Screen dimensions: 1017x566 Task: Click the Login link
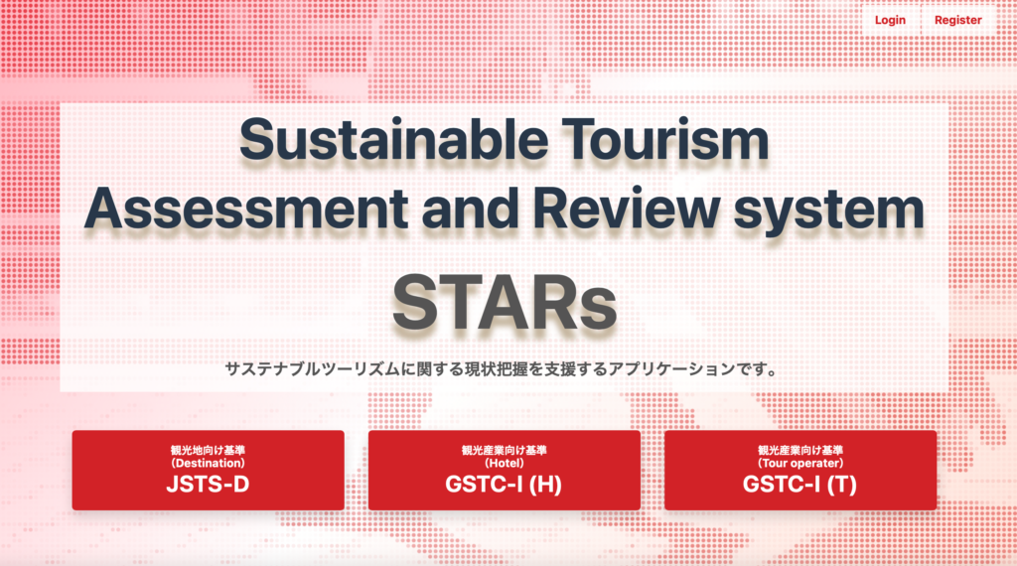point(890,20)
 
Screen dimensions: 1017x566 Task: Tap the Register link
point(958,20)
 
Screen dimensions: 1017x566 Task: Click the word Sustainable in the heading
point(393,139)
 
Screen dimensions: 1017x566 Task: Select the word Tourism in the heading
point(664,139)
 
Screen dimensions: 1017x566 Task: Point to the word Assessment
point(246,209)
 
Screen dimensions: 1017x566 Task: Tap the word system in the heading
point(828,212)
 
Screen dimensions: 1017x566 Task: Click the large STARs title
point(505,303)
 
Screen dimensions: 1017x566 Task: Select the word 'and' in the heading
point(470,209)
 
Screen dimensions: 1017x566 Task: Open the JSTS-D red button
point(209,470)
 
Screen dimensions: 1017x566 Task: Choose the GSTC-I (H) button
point(504,470)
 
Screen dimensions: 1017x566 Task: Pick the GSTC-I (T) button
point(800,470)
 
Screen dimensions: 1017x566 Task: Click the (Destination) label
point(209,463)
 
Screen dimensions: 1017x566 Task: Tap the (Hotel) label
point(504,463)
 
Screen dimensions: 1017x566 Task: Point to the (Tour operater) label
point(800,463)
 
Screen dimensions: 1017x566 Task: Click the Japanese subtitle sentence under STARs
point(501,369)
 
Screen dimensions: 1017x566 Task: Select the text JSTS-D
point(209,485)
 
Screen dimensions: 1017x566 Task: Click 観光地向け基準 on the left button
point(209,450)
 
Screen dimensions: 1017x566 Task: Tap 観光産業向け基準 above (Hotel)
point(504,450)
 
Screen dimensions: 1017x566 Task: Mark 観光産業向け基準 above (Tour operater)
point(800,450)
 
